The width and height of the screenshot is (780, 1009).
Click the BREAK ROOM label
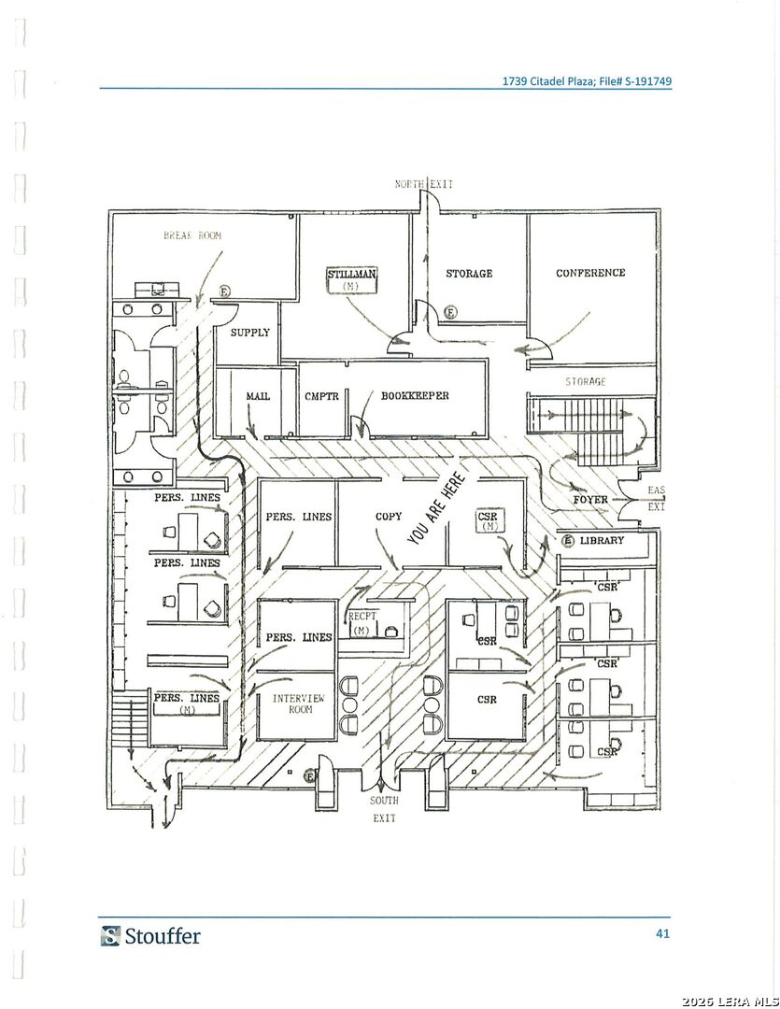192,236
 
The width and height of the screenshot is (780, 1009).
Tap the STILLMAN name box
351,278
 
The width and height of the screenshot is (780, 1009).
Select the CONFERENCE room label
590,273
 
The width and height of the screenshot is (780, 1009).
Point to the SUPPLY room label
249,333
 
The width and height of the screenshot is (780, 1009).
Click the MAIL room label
258,396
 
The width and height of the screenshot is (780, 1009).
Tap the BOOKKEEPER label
415,396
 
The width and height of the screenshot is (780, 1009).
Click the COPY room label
389,517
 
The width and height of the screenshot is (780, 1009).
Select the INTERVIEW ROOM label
298,704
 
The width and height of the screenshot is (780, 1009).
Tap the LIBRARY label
602,541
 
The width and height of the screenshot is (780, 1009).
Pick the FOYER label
590,500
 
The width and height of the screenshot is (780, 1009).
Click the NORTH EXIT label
423,184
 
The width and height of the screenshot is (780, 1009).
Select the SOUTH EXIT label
384,809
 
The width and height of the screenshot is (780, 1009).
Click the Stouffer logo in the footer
150,935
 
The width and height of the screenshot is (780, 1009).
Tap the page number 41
661,933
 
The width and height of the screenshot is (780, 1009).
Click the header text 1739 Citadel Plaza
546,81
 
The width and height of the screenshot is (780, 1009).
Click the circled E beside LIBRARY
567,541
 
